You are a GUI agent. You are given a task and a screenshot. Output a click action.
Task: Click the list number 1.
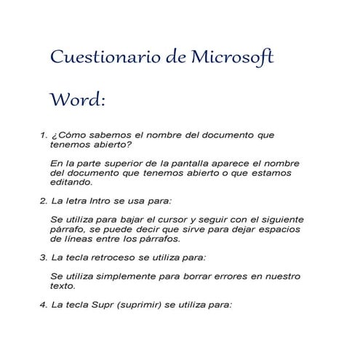coord(41,135)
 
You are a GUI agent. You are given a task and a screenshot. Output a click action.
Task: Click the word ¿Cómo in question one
coord(68,135)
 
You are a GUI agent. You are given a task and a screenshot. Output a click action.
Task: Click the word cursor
coord(183,220)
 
